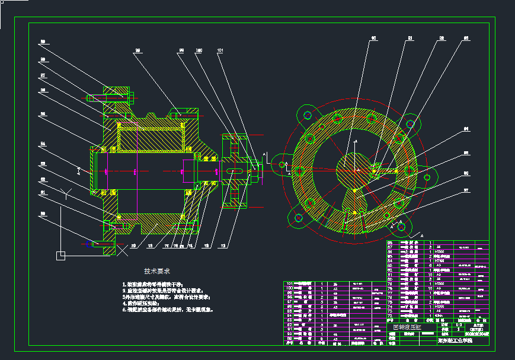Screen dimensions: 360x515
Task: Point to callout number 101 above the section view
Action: pos(220,50)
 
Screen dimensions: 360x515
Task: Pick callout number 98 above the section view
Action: pos(181,50)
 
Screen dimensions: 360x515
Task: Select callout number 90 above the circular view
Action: pos(373,39)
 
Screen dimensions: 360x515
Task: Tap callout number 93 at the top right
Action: pos(466,39)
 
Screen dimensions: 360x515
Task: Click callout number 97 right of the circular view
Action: pos(466,190)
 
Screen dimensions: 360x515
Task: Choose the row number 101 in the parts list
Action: pos(290,283)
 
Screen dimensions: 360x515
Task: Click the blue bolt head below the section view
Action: pos(91,243)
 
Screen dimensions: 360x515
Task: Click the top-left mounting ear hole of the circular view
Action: pos(305,113)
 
